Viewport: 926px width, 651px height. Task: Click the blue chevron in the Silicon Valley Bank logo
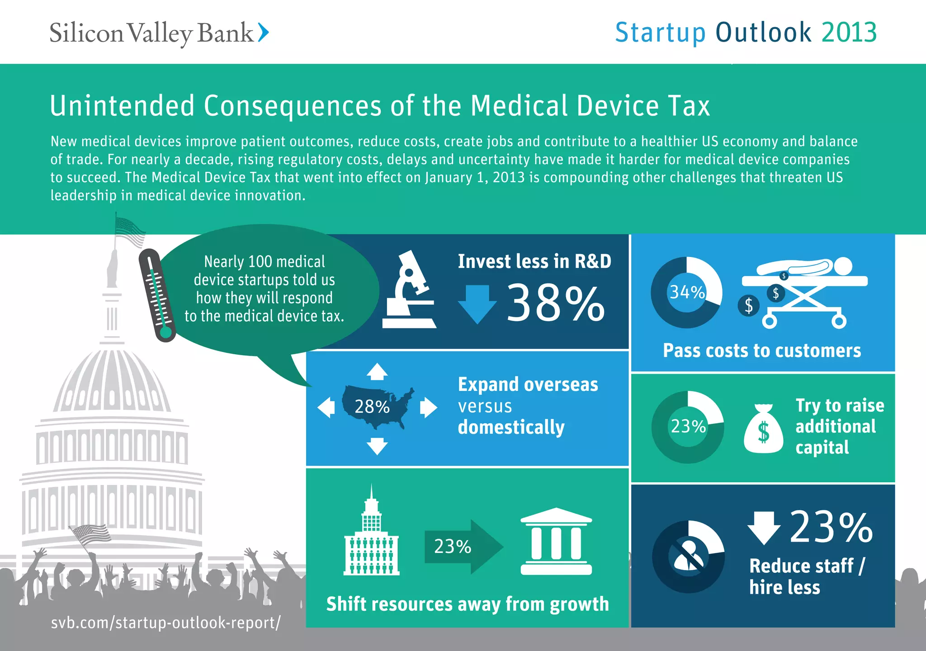[264, 33]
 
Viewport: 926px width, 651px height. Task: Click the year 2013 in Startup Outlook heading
[849, 33]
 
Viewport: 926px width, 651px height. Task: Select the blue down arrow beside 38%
[477, 304]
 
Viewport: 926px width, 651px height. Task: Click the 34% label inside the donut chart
[687, 292]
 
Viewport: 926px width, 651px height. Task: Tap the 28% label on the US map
[372, 407]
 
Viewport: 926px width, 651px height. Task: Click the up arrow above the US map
[377, 372]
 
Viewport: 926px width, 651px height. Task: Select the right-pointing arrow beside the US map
[428, 408]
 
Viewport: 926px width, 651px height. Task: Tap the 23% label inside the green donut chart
[688, 426]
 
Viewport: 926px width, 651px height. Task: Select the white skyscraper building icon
[371, 536]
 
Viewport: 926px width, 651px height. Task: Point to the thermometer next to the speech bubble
[157, 295]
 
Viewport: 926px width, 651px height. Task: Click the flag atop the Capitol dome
[130, 231]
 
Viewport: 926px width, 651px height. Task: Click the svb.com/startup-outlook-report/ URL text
[165, 622]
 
